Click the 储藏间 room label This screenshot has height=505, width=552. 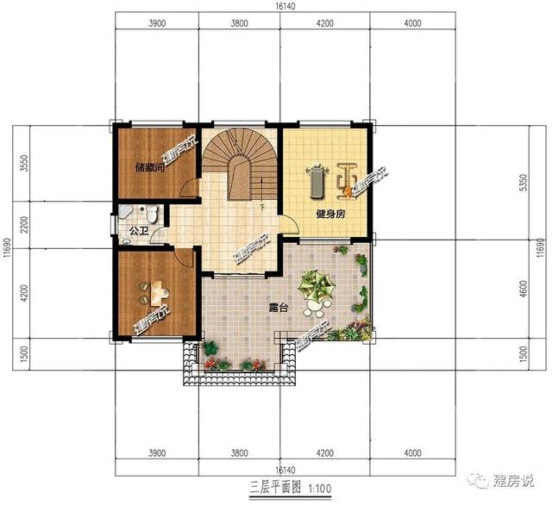150,167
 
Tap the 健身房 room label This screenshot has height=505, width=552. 330,214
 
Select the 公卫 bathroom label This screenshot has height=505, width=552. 138,231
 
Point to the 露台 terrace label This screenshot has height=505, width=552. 279,309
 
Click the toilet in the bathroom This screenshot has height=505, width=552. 152,214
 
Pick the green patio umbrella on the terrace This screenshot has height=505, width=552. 317,285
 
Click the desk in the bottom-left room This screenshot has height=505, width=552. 157,293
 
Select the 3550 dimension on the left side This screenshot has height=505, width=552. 24,163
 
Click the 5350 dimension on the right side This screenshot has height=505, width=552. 524,182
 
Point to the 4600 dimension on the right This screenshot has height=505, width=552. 524,289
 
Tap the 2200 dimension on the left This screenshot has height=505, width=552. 24,224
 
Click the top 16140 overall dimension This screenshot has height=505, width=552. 285,6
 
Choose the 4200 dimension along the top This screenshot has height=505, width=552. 324,23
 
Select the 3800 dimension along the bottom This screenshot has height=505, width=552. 240,452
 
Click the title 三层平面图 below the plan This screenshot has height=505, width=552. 275,488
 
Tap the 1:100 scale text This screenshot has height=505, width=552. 320,489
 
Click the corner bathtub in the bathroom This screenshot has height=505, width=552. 125,211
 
